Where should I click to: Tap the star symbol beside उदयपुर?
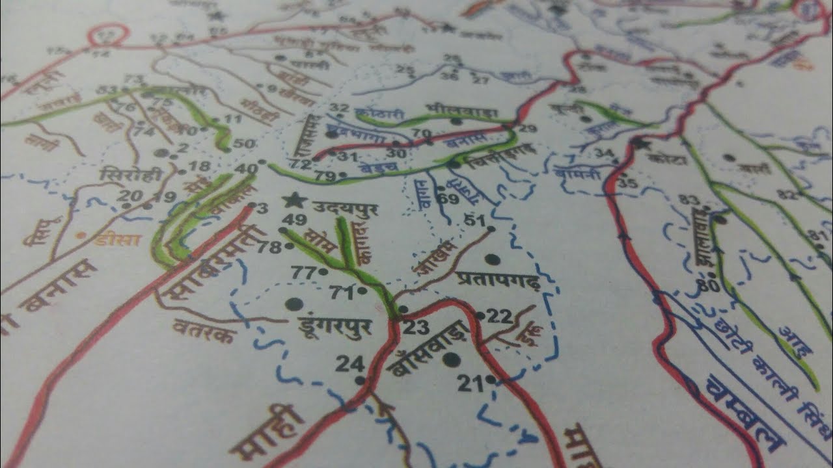[x=296, y=200]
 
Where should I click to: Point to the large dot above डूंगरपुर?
[x=294, y=304]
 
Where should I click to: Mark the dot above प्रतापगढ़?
[x=493, y=259]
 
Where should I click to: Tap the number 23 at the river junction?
[x=416, y=327]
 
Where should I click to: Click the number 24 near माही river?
[x=349, y=364]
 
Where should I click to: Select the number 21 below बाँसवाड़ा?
[x=470, y=383]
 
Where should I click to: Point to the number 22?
[x=500, y=316]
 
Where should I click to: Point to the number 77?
[x=303, y=272]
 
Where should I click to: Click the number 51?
[x=475, y=220]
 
